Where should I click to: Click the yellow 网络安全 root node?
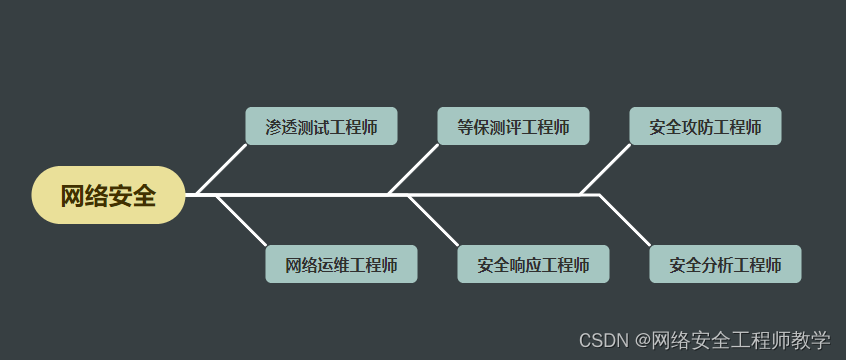[x=108, y=195]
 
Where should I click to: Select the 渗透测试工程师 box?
[x=321, y=127]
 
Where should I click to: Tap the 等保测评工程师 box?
[x=513, y=127]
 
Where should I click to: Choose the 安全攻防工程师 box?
[x=705, y=127]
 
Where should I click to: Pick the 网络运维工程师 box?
[x=341, y=265]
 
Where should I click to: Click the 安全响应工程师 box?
[x=533, y=265]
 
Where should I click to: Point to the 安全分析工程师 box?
[x=725, y=265]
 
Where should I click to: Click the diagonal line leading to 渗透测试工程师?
[x=222, y=168]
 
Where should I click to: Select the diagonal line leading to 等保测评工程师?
[x=414, y=168]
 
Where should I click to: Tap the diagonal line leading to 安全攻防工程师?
[x=606, y=168]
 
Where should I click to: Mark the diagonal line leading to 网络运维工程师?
[x=242, y=221]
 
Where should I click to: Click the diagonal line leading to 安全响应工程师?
[x=434, y=221]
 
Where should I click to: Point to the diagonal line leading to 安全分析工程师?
[x=626, y=221]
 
